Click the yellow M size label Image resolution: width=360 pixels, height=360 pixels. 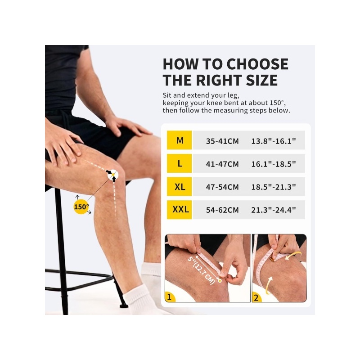(179, 140)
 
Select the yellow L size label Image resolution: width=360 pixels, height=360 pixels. (179, 163)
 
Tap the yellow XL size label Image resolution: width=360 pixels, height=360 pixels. (179, 186)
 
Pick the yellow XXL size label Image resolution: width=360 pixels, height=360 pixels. (179, 210)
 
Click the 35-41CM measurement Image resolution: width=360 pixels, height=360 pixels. (222, 141)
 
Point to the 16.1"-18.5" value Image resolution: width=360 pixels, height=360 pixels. (274, 164)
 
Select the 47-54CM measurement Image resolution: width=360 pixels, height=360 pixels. (222, 187)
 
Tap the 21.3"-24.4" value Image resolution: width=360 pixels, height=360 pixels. (274, 210)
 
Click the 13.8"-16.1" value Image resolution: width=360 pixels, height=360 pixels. (274, 141)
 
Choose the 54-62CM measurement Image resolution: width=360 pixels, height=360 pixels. (222, 210)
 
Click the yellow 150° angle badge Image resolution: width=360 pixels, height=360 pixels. (81, 207)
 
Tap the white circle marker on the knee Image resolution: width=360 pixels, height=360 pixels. (113, 175)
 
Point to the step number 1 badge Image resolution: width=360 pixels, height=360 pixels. (170, 297)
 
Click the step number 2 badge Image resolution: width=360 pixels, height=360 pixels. (256, 297)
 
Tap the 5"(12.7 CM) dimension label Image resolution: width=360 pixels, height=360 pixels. (201, 270)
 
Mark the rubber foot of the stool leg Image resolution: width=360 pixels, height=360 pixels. (123, 306)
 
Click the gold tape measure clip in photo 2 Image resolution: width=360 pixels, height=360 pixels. (273, 260)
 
